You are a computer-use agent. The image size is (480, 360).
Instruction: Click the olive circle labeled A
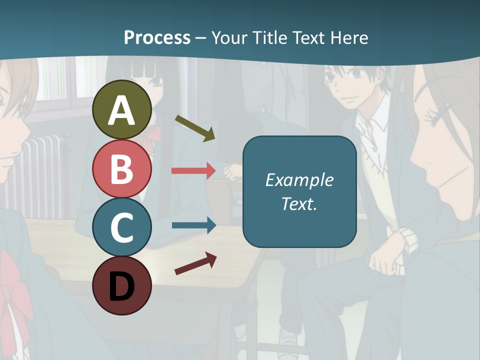pos(122,109)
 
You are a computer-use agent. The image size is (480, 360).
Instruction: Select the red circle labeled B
pos(122,168)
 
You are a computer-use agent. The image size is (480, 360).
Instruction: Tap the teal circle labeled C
pos(122,227)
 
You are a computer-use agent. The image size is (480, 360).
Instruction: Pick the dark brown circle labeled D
pos(122,285)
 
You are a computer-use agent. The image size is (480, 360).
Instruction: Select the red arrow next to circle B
pos(193,170)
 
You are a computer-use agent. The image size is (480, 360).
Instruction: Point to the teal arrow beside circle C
pos(193,225)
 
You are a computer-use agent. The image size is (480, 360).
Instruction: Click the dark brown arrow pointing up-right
pos(195,263)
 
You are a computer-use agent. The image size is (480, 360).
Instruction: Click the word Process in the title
pos(157,37)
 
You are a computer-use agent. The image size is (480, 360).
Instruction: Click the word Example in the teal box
pos(299,180)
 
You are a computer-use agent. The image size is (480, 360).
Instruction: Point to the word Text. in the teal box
pos(299,203)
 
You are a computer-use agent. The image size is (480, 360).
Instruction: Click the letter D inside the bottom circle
pos(122,286)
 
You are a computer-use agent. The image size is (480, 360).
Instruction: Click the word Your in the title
pos(229,37)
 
